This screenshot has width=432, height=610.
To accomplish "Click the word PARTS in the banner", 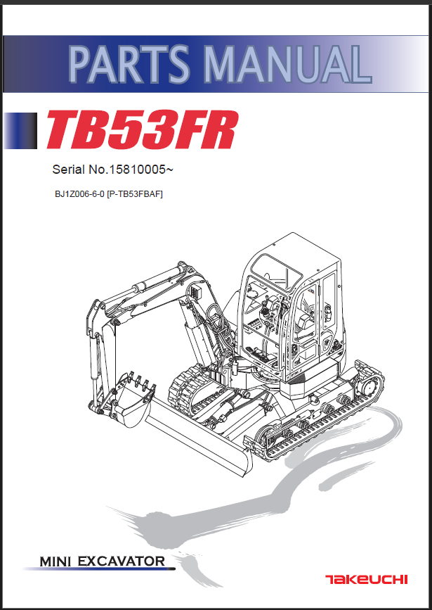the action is point(130,63).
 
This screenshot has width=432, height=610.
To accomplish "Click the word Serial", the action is point(68,170).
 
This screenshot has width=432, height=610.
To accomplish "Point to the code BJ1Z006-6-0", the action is point(79,194).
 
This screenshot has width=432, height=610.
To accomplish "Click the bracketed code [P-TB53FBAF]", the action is point(134,194).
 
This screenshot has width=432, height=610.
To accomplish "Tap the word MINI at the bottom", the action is point(57,561).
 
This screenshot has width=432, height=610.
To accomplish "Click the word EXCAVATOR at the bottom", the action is point(122,561).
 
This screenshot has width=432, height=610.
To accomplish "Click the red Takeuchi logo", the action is point(367,580).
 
